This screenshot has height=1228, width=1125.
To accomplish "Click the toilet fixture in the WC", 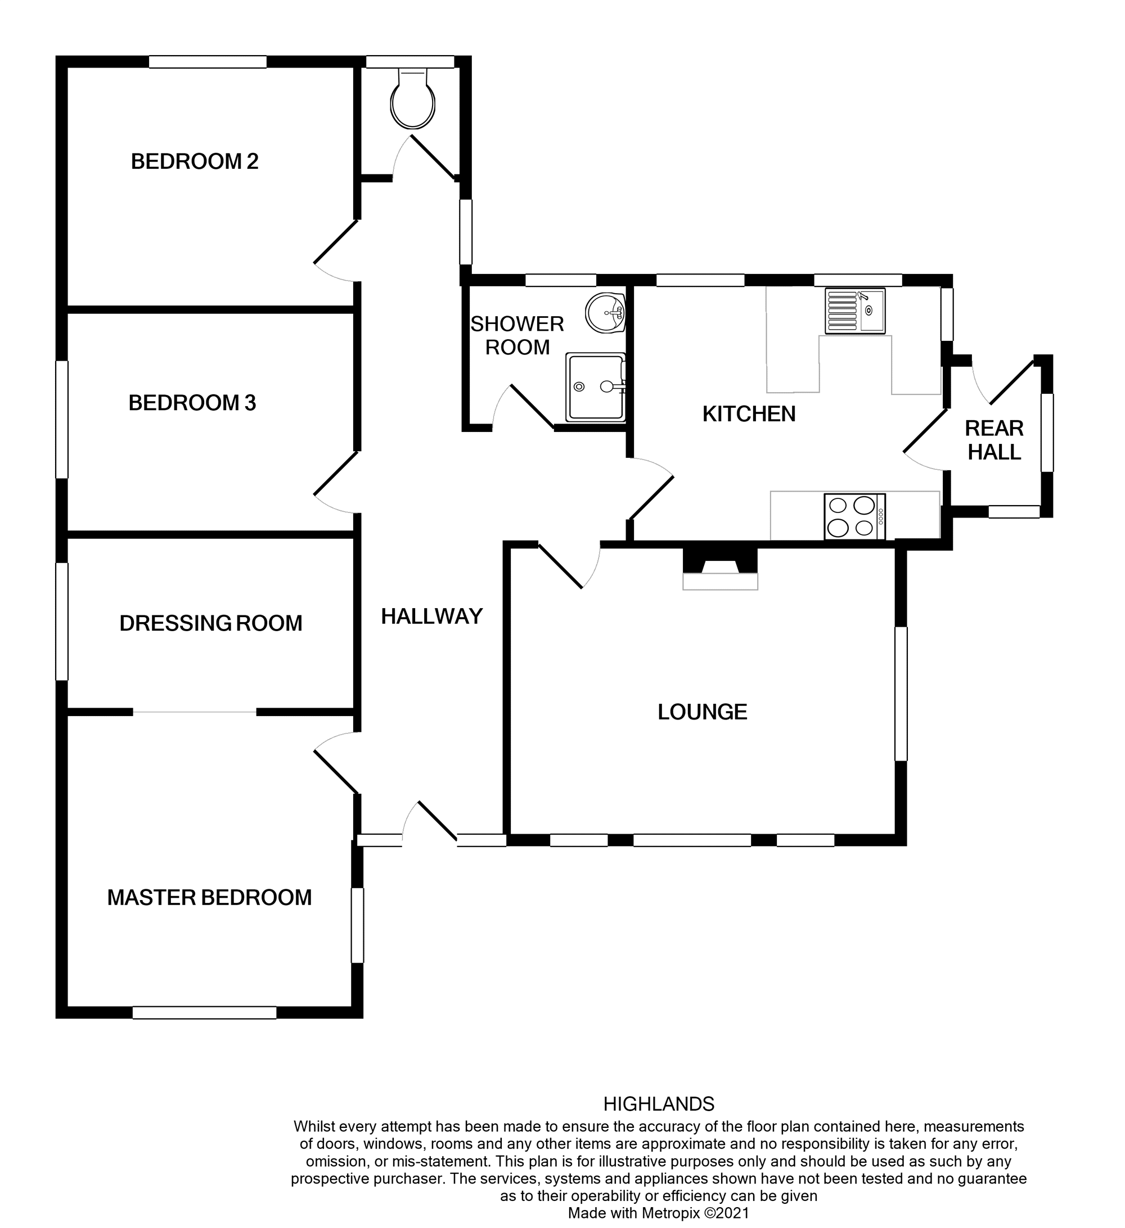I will coord(413,101).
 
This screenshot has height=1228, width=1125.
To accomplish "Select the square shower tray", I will coord(595,388).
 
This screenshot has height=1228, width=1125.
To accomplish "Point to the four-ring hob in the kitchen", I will coord(854,516).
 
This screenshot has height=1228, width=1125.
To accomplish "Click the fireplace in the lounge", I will coord(720,569).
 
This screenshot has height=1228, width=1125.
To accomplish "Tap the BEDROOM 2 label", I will coord(195,161).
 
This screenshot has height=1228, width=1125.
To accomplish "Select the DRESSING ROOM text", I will coord(211,623).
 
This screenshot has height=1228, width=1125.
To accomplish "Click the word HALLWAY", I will coord(432,617).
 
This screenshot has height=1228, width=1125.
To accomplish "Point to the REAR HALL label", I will coord(994,440).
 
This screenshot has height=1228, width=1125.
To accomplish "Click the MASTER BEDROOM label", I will coord(209,898).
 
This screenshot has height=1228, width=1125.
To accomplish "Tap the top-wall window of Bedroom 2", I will coord(208,62).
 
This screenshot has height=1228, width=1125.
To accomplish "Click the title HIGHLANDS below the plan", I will coord(659,1104).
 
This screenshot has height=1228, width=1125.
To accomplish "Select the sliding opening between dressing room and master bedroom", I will coord(195,712).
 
